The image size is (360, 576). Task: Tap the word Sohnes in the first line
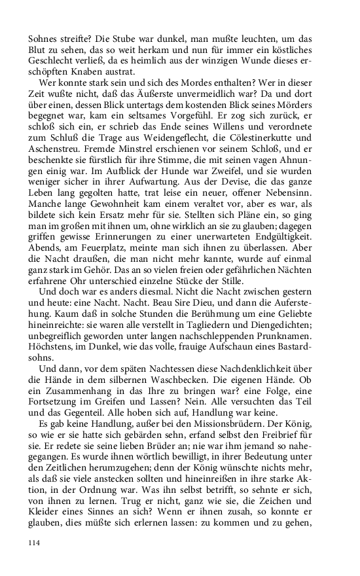(x=43, y=29)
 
